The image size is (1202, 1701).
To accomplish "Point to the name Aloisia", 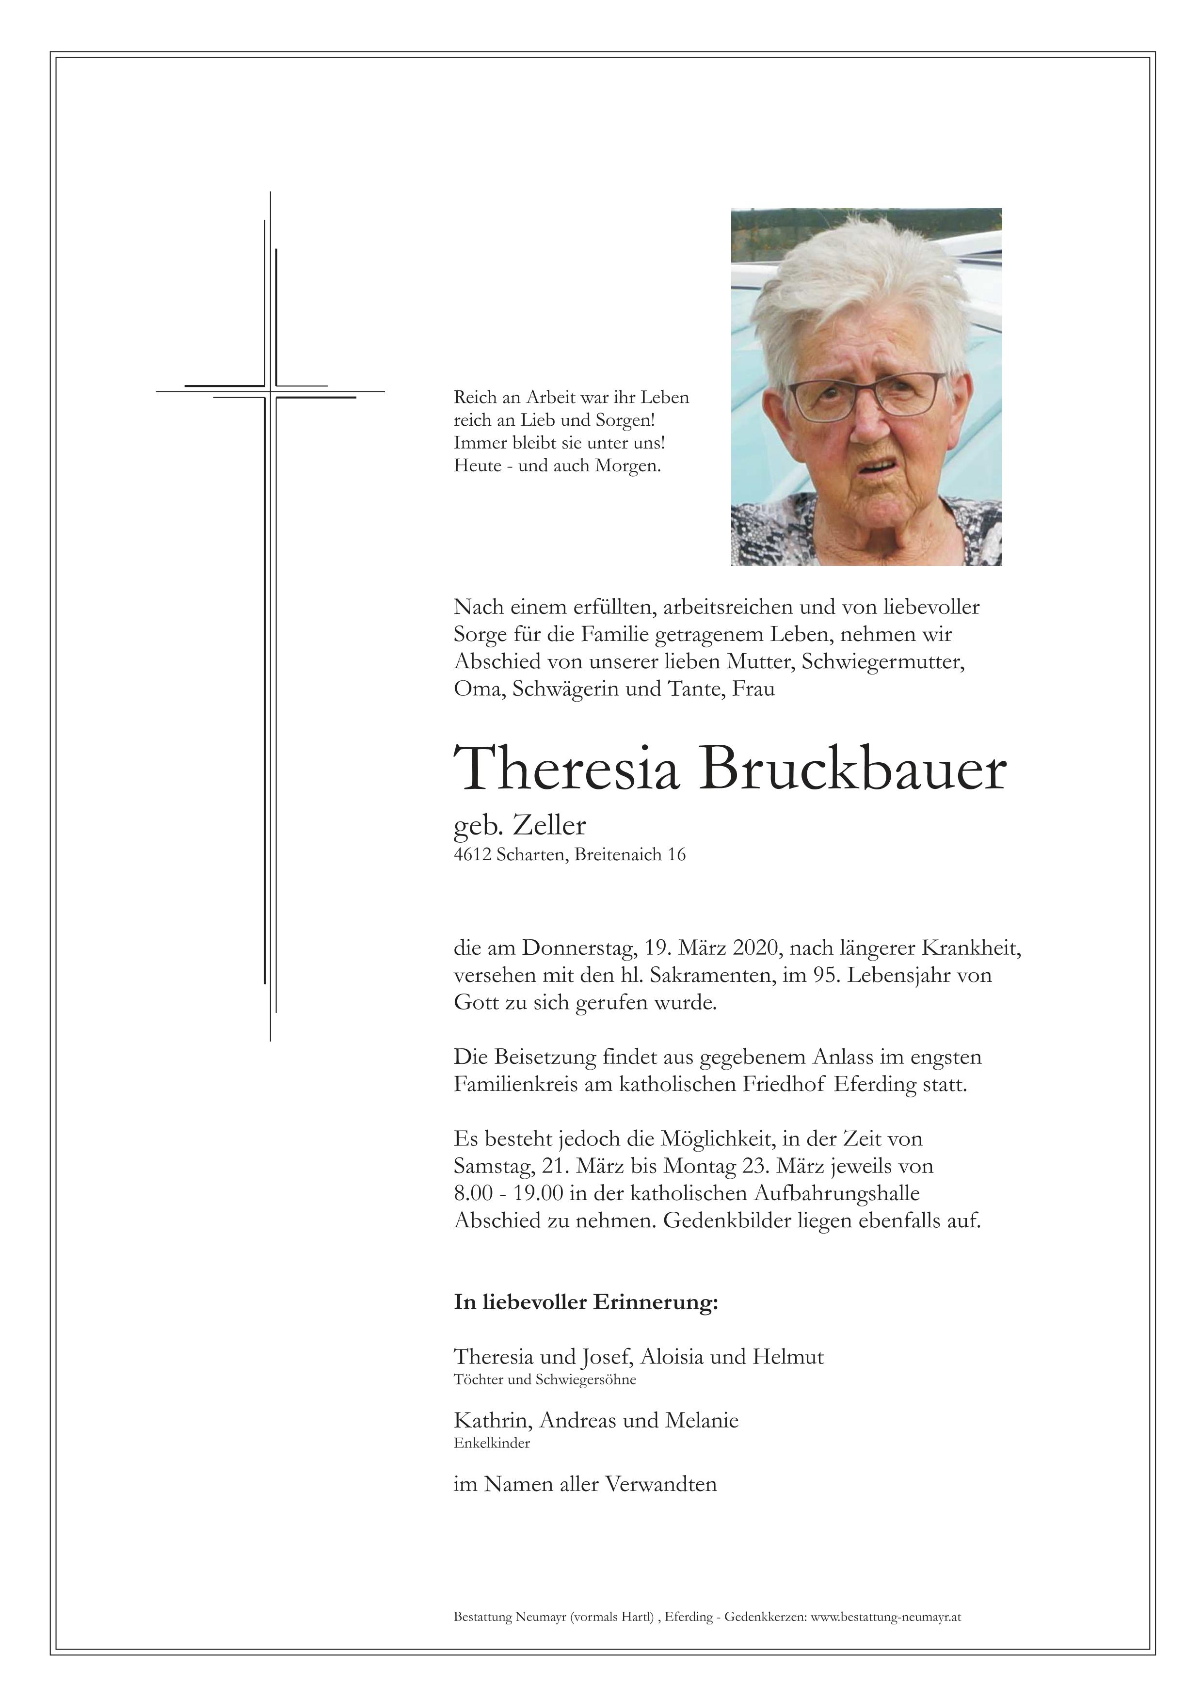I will click(672, 1357).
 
